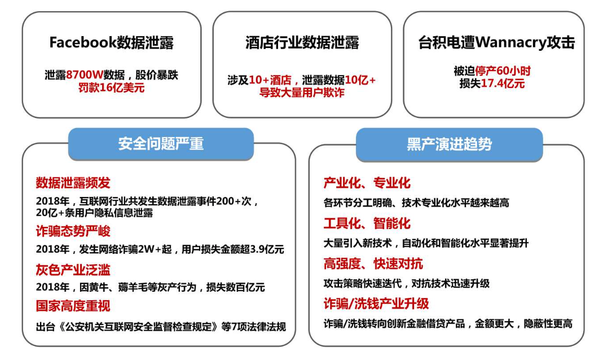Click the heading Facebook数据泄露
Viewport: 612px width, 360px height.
click(111, 42)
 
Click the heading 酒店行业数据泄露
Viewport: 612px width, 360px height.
click(302, 42)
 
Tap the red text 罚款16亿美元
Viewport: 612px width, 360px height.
click(111, 87)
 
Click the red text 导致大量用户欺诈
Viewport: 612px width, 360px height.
click(302, 93)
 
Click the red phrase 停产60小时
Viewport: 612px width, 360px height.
click(503, 71)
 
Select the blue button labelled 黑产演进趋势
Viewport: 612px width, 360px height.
click(449, 144)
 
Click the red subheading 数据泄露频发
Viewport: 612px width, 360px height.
click(73, 183)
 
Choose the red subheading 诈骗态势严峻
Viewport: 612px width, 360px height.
click(73, 231)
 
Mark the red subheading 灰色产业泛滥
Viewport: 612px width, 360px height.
click(73, 269)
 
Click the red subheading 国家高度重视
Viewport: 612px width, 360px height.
click(73, 306)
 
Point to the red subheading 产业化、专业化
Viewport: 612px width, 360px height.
click(367, 183)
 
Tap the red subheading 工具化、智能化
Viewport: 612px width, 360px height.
click(367, 223)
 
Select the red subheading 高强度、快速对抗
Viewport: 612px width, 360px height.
click(373, 264)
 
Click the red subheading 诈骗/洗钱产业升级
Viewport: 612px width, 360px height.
click(376, 304)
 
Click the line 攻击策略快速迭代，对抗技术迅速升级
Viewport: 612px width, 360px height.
click(406, 284)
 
